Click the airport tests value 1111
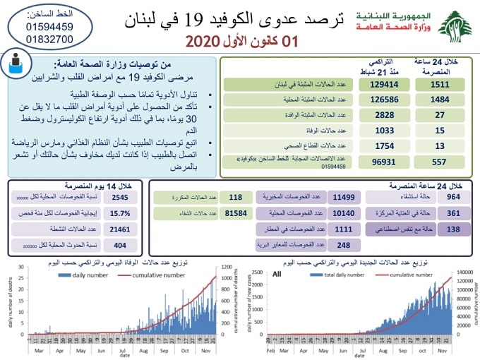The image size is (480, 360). tap(344, 229)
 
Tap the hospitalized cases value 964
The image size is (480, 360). tap(455, 197)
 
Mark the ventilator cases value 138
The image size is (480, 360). tap(455, 229)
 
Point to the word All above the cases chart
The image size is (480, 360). tap(277, 272)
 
